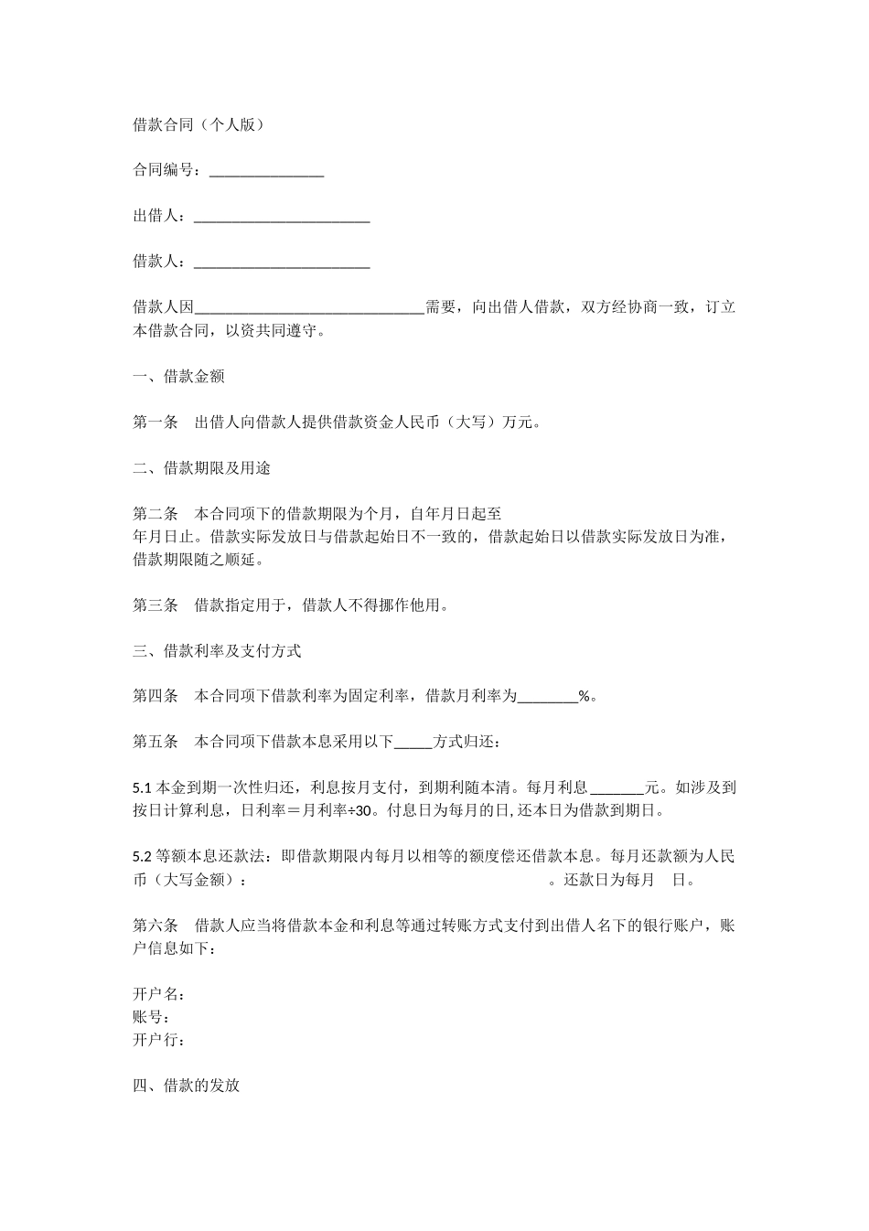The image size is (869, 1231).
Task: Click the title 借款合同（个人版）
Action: click(199, 125)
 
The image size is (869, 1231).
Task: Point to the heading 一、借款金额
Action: click(178, 377)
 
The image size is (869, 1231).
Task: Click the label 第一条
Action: click(156, 423)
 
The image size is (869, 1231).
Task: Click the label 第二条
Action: click(156, 514)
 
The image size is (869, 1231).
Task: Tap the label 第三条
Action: click(156, 605)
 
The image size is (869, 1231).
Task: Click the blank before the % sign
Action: click(548, 697)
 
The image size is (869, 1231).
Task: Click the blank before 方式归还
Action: click(413, 743)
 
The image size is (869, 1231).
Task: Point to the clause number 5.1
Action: click(143, 787)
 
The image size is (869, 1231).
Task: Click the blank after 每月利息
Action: click(617, 787)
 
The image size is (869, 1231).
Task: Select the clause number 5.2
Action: click(143, 857)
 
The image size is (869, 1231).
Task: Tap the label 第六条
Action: click(156, 926)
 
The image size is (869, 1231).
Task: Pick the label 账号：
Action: click(152, 1017)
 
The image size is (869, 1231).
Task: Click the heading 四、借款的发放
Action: click(186, 1086)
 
